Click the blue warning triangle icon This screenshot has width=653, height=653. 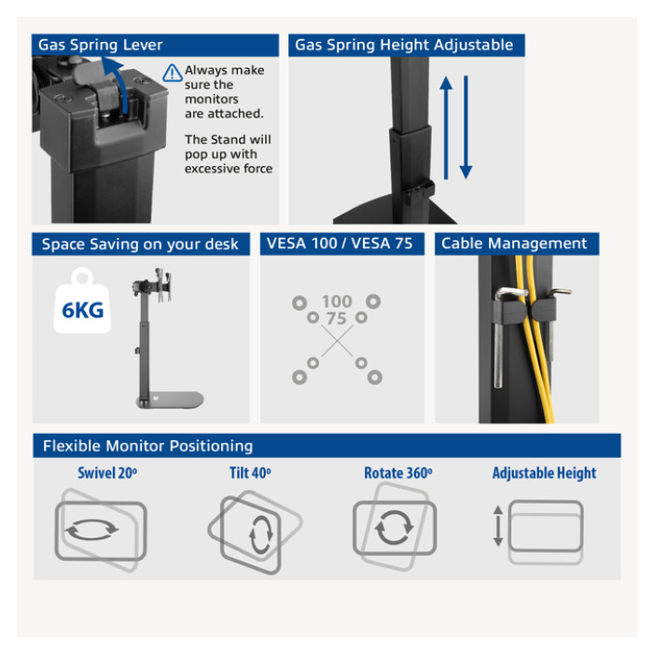pyautogui.click(x=172, y=73)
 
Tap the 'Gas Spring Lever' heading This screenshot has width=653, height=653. pyautogui.click(x=101, y=45)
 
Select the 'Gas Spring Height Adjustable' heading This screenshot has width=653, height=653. pyautogui.click(x=404, y=45)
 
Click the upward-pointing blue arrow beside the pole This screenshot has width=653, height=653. pyautogui.click(x=446, y=128)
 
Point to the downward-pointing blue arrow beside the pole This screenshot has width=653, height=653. pyautogui.click(x=466, y=128)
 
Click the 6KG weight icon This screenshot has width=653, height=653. pyautogui.click(x=82, y=301)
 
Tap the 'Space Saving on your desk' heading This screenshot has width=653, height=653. pyautogui.click(x=140, y=244)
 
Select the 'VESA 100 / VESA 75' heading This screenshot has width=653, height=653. pyautogui.click(x=340, y=243)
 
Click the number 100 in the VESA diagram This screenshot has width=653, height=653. pyautogui.click(x=337, y=301)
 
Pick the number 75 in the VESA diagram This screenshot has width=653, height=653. pyautogui.click(x=337, y=319)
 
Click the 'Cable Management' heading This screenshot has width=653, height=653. pyautogui.click(x=514, y=243)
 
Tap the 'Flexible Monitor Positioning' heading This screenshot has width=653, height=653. pyautogui.click(x=147, y=446)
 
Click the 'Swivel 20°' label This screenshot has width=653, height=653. pyautogui.click(x=107, y=473)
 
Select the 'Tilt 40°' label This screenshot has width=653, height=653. pyautogui.click(x=250, y=473)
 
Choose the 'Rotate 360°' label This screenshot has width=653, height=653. pyautogui.click(x=398, y=473)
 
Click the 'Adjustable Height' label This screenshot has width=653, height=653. pyautogui.click(x=544, y=473)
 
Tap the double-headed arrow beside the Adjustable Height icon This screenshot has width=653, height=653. pyautogui.click(x=498, y=526)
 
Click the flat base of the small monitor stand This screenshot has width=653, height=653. pyautogui.click(x=171, y=400)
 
